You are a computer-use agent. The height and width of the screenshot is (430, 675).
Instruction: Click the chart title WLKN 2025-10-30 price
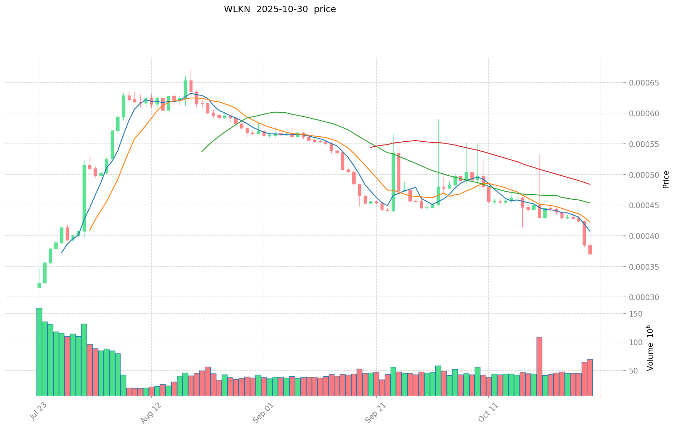tap(280, 9)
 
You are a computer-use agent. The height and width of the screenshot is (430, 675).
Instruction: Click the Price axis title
tap(665, 180)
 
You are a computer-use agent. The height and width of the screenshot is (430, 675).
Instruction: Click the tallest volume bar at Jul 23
tap(39, 352)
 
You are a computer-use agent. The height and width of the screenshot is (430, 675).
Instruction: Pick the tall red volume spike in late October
tap(539, 366)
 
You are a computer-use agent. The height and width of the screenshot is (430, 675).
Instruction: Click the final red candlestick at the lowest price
tap(590, 250)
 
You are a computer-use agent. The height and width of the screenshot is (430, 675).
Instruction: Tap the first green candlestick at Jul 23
tap(39, 285)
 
